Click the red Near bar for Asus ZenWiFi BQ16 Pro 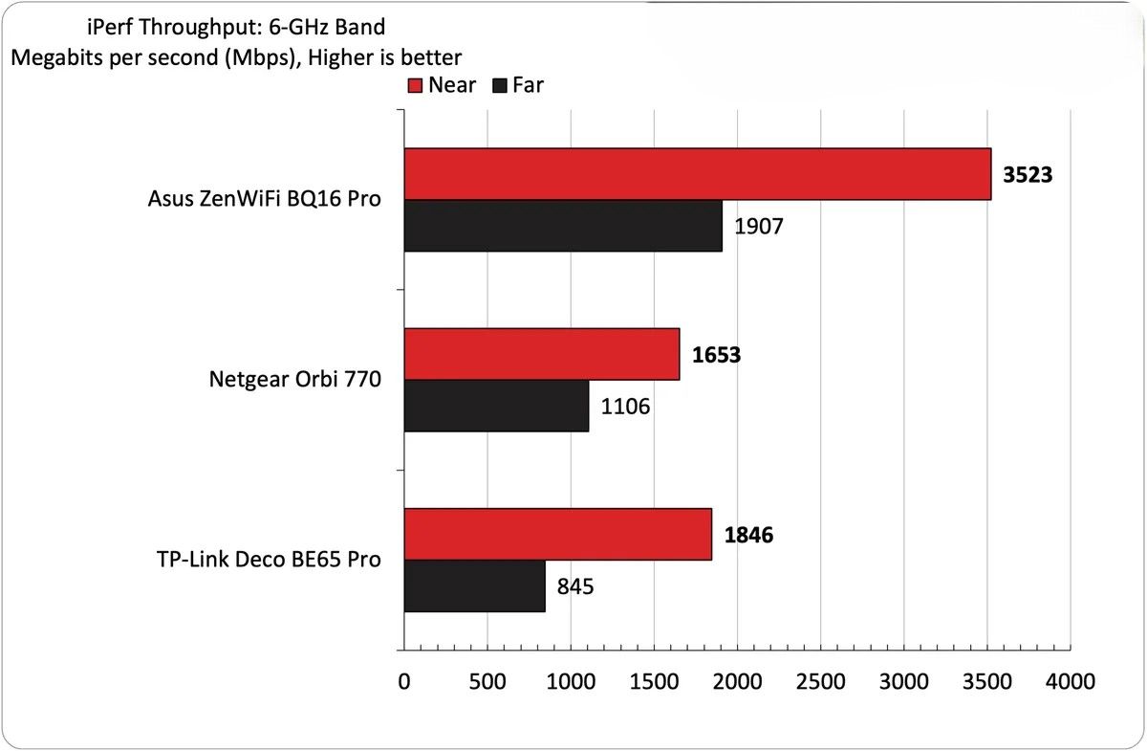point(697,174)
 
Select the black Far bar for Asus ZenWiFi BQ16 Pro point(563,226)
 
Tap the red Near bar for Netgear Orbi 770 point(541,354)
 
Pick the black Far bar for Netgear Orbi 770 point(496,406)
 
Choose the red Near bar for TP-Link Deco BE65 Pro point(557,534)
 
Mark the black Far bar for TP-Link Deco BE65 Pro point(474,585)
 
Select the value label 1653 point(715,355)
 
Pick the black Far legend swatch point(499,85)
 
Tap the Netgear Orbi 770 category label point(294,380)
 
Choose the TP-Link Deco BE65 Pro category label point(267,560)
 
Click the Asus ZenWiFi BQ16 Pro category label point(265,200)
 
